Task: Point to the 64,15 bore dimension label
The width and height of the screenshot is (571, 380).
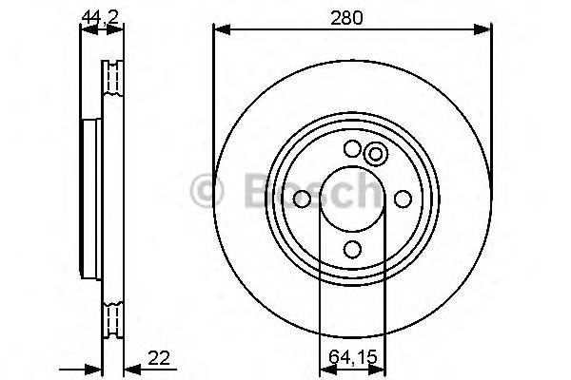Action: coord(352,357)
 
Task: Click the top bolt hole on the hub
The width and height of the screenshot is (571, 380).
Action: coord(352,148)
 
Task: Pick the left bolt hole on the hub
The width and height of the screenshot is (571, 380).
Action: coord(302,199)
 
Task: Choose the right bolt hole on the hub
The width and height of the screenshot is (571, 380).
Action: coord(403,199)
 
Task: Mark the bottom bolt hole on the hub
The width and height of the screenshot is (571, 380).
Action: coord(352,249)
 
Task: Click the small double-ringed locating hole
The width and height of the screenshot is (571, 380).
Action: coord(375,154)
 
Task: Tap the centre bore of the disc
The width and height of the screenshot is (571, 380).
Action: coord(352,199)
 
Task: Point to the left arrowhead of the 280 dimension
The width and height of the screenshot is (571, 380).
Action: coord(219,30)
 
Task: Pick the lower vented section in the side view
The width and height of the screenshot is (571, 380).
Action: coord(114,318)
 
